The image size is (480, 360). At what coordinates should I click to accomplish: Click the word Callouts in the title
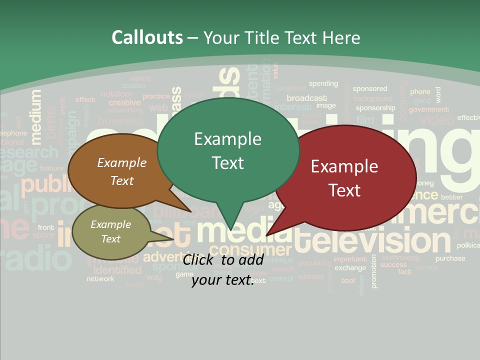pos(147,37)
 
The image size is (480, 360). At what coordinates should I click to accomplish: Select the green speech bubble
pos(227,150)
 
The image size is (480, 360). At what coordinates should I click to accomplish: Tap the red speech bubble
pos(345,177)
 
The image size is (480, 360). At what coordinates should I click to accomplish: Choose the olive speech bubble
pos(111,231)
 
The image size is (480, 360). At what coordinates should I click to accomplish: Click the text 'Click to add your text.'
pos(222,270)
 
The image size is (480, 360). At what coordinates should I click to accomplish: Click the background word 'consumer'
pos(249,249)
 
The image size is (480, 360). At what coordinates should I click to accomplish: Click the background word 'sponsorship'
pos(375,107)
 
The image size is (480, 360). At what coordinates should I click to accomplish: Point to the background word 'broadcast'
pos(307,98)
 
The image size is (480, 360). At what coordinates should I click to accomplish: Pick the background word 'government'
pos(428,109)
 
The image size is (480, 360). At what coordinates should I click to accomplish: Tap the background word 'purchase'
pos(450,258)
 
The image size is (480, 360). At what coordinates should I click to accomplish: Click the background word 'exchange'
pos(350,268)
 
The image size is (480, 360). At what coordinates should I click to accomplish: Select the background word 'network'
pos(100,279)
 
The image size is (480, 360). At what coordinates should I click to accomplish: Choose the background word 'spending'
pos(323,83)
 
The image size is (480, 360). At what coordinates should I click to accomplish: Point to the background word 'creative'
pos(124,102)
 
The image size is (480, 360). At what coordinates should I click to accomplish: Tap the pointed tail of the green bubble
pos(231,227)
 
